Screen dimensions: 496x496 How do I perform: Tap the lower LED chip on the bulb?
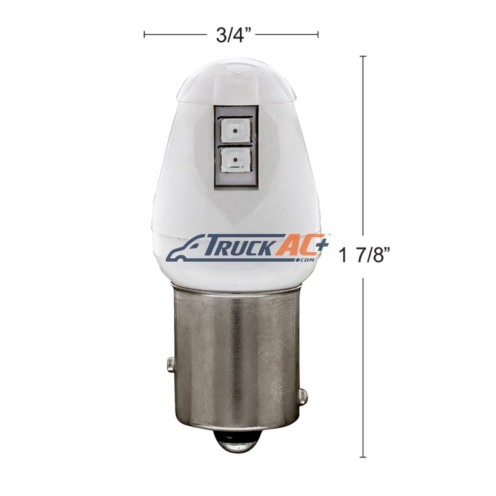tap(236, 159)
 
